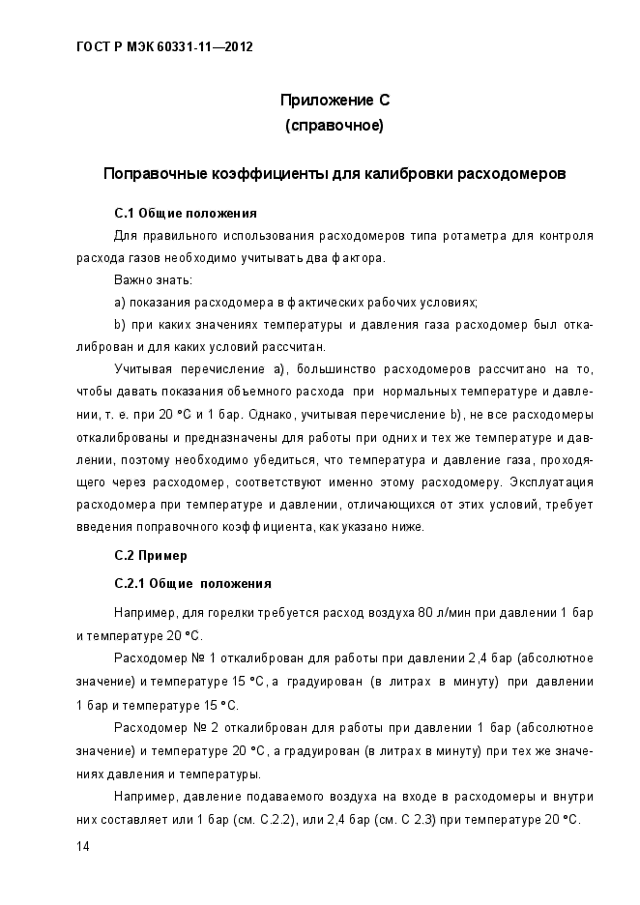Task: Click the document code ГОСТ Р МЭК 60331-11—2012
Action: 164,45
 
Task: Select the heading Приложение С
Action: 335,101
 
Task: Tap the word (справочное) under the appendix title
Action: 335,125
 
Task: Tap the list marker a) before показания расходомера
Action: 120,302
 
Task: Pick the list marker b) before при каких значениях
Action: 120,324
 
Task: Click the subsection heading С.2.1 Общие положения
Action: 192,584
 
